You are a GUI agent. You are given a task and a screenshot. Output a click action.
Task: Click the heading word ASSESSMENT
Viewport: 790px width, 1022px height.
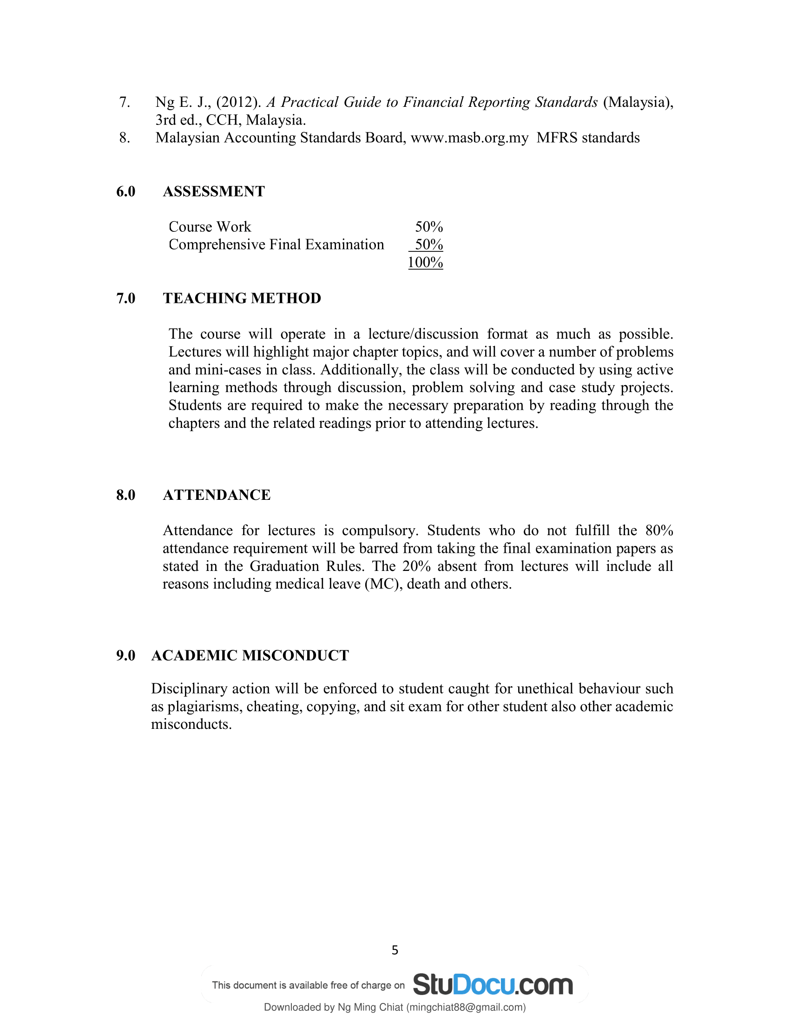coord(213,191)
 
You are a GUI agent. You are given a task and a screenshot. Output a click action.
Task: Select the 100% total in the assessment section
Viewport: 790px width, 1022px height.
coord(425,262)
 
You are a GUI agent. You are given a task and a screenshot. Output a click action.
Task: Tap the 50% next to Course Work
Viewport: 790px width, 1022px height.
coord(429,227)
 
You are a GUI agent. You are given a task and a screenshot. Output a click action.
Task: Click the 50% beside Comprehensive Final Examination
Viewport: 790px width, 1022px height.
coord(429,245)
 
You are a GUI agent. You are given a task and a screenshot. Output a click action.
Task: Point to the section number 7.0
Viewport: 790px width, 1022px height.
coord(125,298)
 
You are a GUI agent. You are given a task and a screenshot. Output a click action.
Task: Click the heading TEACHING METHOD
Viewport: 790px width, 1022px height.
coord(242,298)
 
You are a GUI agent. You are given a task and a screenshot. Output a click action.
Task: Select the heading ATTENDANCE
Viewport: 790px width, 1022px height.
coord(216,495)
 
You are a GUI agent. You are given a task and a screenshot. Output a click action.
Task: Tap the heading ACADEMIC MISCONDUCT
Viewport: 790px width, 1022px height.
coord(250,655)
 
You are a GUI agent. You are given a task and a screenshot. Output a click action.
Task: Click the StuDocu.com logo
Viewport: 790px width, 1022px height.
coord(493,984)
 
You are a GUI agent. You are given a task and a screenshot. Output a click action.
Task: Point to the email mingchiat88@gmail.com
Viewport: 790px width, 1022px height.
coord(465,1007)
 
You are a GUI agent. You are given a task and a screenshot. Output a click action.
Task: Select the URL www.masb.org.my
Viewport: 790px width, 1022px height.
coord(469,138)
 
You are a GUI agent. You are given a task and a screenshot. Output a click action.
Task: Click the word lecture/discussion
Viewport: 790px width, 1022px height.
coord(423,334)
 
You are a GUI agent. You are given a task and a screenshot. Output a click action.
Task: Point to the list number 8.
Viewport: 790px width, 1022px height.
coord(125,138)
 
